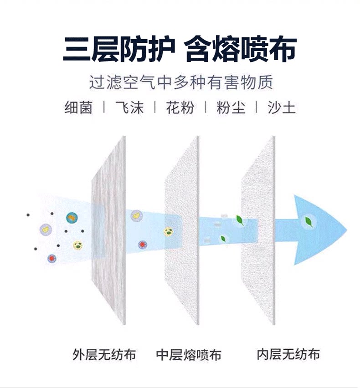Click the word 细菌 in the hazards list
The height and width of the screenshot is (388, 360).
[78, 108]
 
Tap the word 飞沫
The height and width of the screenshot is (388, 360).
[129, 108]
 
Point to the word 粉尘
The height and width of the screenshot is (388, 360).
[231, 108]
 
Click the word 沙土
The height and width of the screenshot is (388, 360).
[282, 108]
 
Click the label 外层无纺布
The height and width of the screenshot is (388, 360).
[104, 354]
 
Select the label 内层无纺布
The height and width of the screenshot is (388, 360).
[288, 353]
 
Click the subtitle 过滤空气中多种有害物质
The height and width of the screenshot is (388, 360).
[181, 83]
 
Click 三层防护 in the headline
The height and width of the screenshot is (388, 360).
[119, 49]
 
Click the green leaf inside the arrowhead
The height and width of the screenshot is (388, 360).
[309, 222]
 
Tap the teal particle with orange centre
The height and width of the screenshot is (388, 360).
[71, 218]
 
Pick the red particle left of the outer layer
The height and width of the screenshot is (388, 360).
[51, 258]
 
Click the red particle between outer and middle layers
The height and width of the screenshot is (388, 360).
[143, 245]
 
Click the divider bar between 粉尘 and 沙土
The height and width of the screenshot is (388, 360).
[256, 108]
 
